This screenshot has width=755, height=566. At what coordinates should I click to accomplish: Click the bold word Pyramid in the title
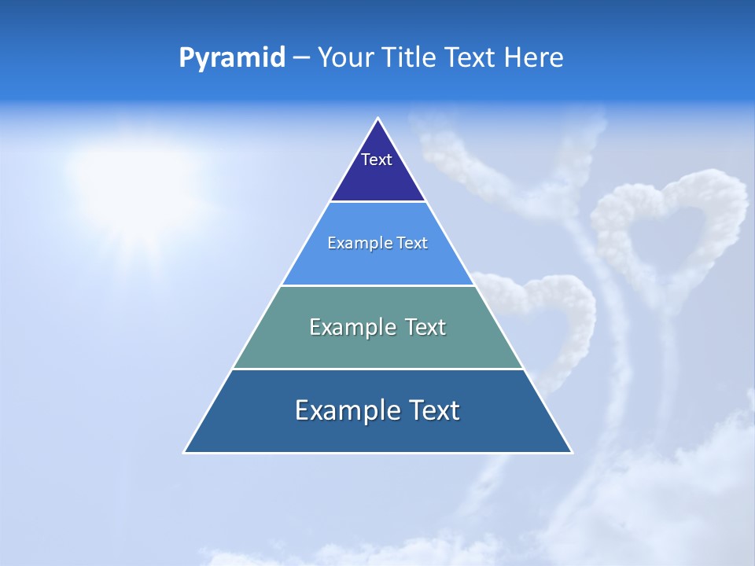232,58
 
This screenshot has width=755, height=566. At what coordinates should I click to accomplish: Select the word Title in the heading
409,57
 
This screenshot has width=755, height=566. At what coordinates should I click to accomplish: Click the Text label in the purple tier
377,160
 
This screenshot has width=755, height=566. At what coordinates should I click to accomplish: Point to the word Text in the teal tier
425,327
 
